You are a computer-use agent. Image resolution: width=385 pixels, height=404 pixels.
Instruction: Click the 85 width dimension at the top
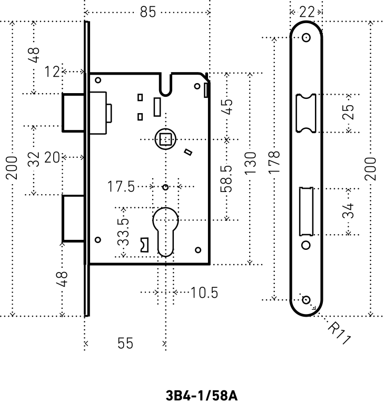point(148,12)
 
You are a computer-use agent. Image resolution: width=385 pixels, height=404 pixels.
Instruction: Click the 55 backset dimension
point(125,344)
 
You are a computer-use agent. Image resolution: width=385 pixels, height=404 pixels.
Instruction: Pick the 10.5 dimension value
point(204,292)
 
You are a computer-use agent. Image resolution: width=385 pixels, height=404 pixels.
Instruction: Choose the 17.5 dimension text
point(122,187)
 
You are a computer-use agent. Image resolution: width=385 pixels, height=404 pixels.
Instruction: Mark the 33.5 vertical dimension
point(124,230)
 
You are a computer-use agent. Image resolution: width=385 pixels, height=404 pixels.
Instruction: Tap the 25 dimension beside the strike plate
point(348,113)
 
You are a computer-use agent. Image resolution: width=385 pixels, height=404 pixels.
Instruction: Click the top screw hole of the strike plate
point(306,38)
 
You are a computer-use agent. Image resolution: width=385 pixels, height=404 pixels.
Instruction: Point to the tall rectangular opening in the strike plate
point(305,210)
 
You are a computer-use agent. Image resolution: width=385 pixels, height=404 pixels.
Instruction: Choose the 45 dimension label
point(228,108)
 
